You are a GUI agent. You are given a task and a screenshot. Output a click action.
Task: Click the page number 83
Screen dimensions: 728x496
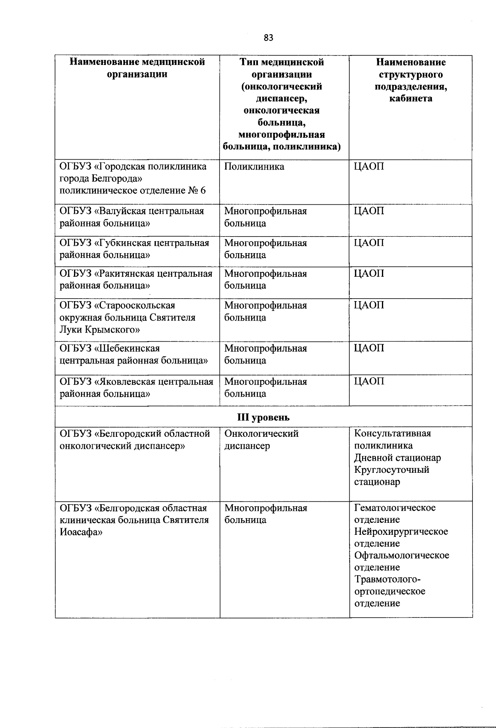[x=268, y=38]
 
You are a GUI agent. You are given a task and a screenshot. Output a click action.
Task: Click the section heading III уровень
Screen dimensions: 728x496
[x=263, y=417]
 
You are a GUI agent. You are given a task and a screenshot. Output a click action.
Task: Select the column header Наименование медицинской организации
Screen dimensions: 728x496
[x=137, y=68]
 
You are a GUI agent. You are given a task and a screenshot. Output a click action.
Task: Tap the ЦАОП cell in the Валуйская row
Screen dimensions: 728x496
[x=369, y=211]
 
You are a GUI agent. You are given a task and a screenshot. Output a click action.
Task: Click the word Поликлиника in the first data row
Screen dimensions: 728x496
[x=254, y=167]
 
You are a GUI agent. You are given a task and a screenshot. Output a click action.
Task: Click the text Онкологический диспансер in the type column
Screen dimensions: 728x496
[x=261, y=440]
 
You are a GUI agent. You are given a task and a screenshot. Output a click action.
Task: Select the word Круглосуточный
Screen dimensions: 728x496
[x=391, y=470]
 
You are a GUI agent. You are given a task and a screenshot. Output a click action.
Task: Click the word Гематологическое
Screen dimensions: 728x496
[x=395, y=508]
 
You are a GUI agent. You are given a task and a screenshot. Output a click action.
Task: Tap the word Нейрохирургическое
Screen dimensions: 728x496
[x=401, y=532]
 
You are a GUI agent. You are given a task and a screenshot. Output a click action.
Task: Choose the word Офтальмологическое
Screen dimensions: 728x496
[x=401, y=556]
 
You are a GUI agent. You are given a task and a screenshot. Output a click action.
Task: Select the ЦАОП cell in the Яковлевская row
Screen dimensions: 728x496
[x=369, y=381]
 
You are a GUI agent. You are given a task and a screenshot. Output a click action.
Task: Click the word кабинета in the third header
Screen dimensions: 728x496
[x=410, y=98]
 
